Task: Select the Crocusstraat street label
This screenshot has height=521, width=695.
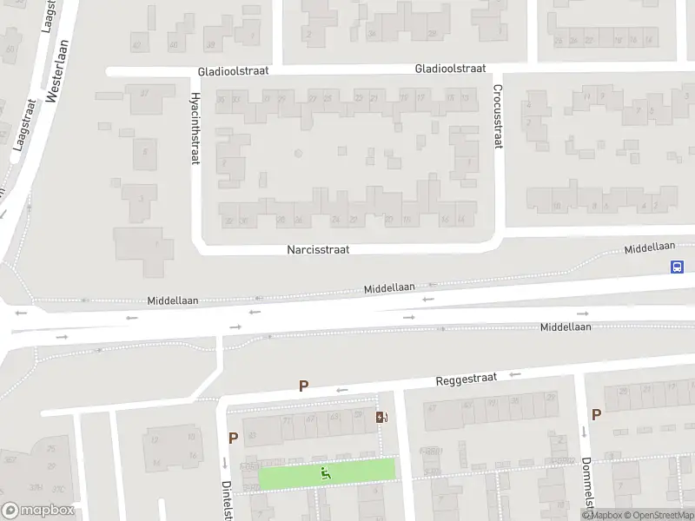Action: [x=498, y=116]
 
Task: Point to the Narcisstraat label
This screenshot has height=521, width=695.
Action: [x=318, y=249]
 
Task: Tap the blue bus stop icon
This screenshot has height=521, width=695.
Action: [x=676, y=267]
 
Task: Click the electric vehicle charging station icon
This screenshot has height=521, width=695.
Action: [x=381, y=418]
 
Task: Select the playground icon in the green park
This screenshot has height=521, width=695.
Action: [x=327, y=473]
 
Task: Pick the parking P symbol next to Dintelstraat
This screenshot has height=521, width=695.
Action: [x=233, y=439]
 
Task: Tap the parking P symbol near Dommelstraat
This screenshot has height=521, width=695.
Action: [x=596, y=415]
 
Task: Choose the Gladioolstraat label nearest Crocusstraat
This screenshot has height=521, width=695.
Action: [x=450, y=68]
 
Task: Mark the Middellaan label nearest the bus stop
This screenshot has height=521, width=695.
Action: [x=650, y=248]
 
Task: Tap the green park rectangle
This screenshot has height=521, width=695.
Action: [x=365, y=472]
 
